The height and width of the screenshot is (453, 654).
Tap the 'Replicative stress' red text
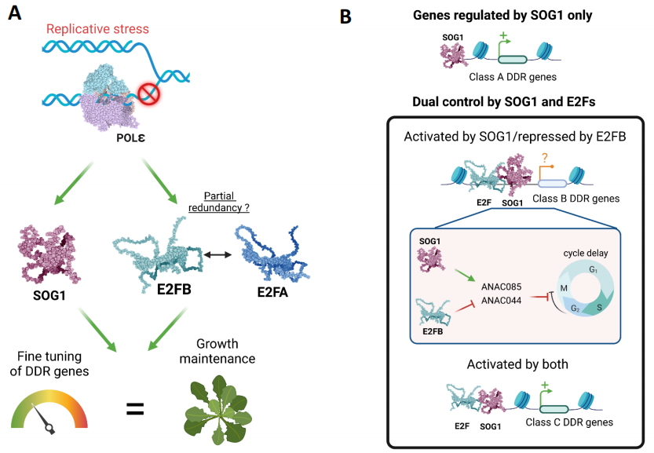click(97, 29)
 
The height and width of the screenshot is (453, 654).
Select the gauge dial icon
click(48, 411)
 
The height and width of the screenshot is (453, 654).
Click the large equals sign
click(135, 408)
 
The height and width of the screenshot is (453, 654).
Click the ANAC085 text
click(502, 287)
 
